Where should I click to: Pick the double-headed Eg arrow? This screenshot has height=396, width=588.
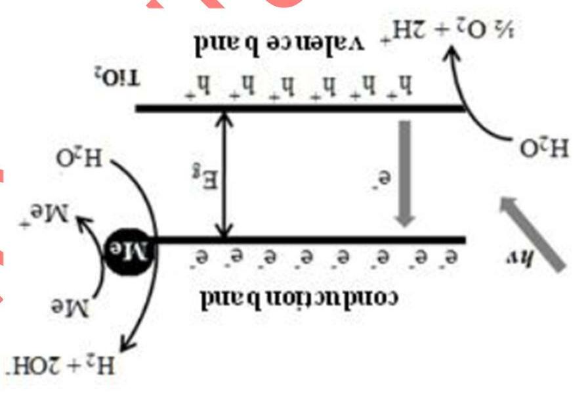coord(225,175)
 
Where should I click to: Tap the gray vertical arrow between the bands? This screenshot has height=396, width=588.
coord(405,173)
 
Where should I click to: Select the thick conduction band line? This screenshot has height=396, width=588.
coord(308,240)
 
